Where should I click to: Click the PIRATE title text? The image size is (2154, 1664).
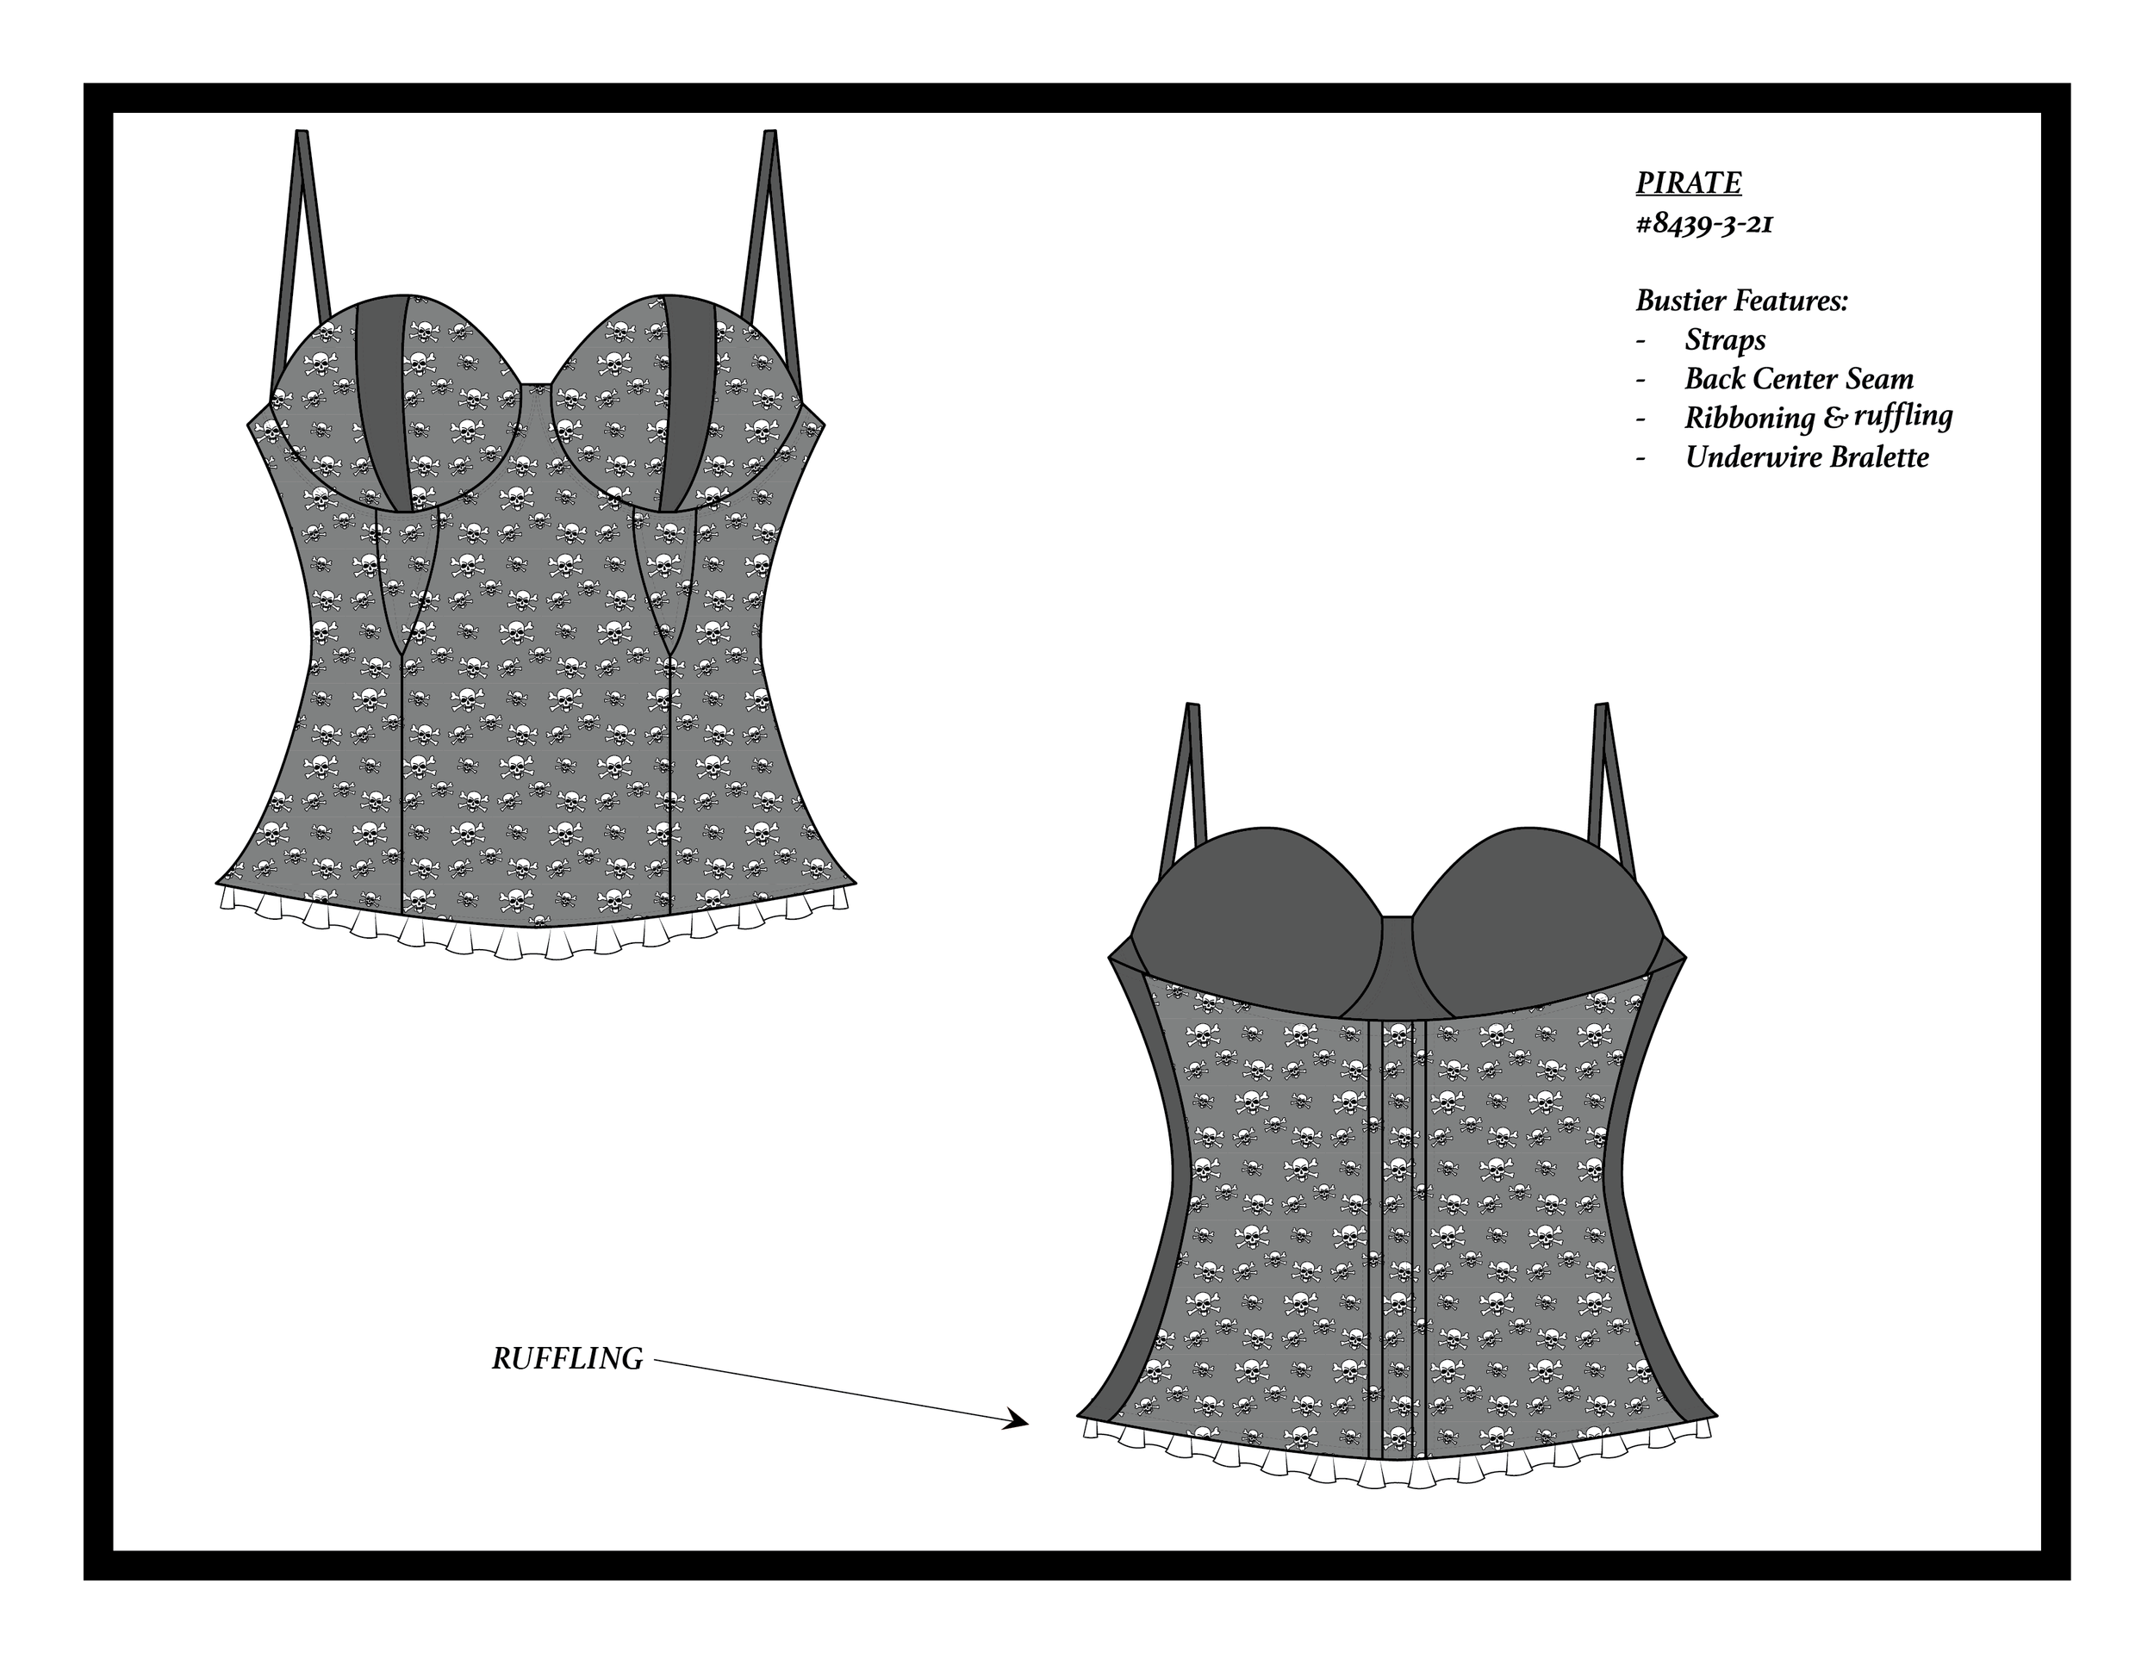pos(1688,183)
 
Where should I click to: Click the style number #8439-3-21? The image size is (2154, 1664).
pos(1704,225)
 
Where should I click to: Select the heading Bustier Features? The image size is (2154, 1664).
pos(1740,301)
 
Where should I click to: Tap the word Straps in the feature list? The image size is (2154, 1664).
pos(1725,340)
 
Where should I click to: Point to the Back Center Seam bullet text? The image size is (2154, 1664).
pos(1799,380)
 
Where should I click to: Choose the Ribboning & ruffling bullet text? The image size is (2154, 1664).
pos(1818,418)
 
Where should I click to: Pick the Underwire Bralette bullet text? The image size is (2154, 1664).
pos(1807,457)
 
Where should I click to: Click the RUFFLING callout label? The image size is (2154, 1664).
pos(567,1359)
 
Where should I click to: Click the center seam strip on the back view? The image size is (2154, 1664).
pos(1398,1232)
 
